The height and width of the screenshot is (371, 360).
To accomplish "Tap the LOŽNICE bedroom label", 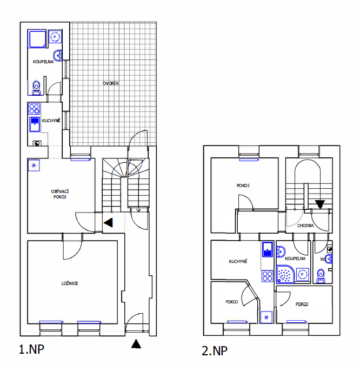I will (70, 283).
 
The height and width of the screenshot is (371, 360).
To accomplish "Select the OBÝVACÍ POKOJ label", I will (58, 194).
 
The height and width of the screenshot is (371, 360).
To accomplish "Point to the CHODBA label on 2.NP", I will (305, 226).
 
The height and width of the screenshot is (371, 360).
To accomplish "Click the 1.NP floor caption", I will (31, 349).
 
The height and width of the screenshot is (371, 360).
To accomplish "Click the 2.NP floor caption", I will (214, 351).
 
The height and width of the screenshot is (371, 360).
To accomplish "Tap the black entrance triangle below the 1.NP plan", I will (136, 343).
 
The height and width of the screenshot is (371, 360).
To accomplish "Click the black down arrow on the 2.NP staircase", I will (320, 204).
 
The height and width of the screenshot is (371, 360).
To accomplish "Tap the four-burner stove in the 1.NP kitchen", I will (34, 108).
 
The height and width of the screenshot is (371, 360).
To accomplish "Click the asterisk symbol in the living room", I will (34, 165).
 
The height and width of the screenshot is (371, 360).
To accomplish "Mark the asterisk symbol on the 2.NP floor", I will (266, 317).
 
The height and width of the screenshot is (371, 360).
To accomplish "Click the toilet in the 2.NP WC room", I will (321, 276).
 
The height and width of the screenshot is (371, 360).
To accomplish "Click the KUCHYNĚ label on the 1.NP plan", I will (51, 121).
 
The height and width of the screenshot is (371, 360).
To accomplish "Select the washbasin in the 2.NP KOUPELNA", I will (281, 250).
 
